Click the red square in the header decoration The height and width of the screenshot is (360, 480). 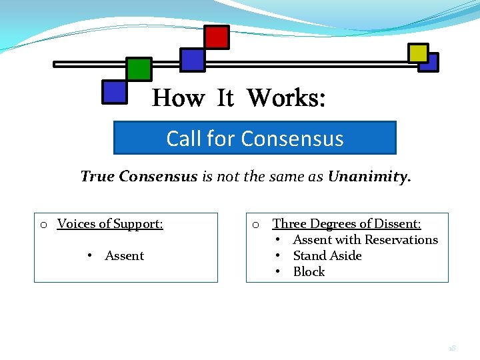217,37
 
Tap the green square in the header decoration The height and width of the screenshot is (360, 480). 139,69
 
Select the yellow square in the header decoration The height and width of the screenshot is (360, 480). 418,53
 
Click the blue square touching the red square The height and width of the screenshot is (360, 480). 193,60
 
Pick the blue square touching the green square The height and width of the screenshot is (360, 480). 115,92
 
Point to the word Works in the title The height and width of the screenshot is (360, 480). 287,99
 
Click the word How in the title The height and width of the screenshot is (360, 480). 178,99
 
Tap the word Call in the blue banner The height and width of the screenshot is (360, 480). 185,138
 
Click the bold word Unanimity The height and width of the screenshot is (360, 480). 369,177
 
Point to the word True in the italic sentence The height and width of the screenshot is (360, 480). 97,177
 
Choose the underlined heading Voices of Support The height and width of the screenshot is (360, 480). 110,224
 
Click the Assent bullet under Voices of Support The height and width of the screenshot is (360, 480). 124,256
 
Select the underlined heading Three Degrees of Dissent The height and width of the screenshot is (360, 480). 347,224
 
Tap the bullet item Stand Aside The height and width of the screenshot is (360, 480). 327,256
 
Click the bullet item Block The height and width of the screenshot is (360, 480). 309,272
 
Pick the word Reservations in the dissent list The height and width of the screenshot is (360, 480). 399,240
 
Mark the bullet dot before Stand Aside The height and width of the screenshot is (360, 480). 276,256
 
